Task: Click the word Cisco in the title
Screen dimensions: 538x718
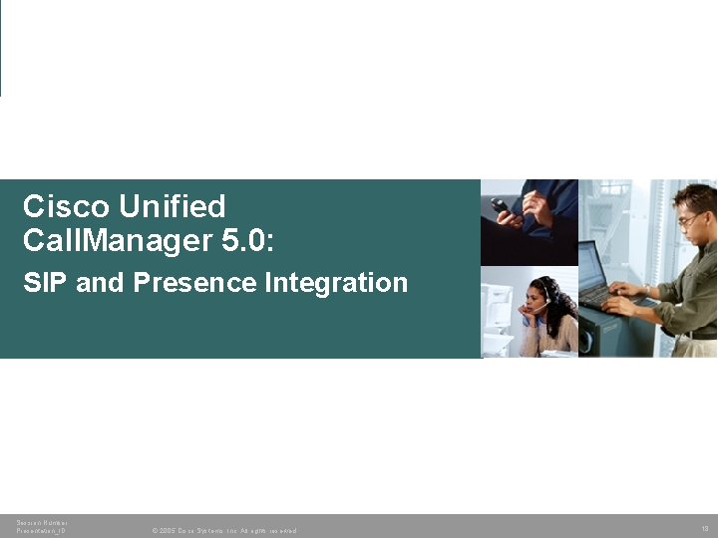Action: tap(66, 206)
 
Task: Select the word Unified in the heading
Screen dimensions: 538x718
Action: tap(172, 206)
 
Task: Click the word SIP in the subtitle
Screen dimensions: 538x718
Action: tap(44, 283)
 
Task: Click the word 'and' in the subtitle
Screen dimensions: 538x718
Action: tap(99, 283)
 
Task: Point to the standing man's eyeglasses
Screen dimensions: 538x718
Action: tap(688, 219)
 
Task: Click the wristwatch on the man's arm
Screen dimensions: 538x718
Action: tap(646, 290)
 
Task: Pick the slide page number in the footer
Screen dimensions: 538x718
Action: tap(704, 527)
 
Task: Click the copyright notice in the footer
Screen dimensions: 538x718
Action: tap(223, 531)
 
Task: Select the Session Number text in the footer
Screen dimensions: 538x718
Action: tap(42, 522)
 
